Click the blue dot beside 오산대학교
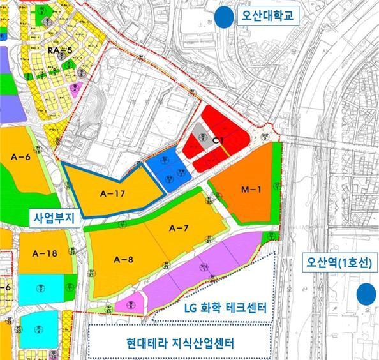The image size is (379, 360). (x=223, y=17)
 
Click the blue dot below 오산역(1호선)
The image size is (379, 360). (x=366, y=294)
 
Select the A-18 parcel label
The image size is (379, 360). (x=44, y=254)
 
